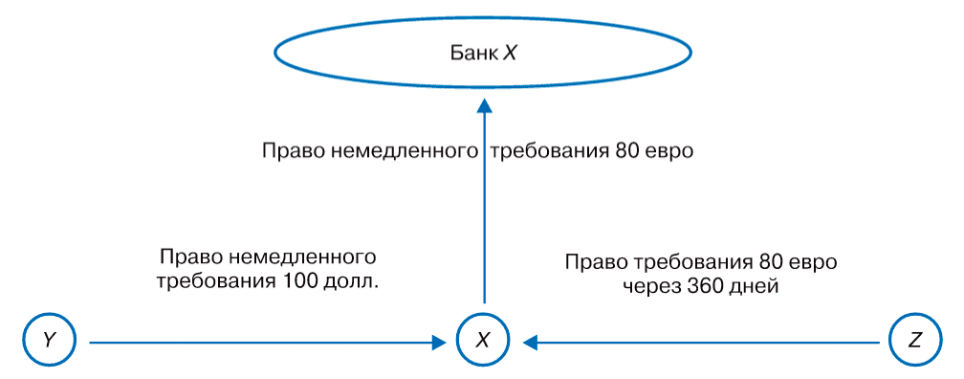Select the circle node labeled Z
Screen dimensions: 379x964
click(913, 340)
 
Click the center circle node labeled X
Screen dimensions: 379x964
click(483, 340)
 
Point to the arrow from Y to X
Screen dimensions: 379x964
click(258, 340)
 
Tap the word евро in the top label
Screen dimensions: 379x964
click(666, 151)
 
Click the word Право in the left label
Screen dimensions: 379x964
click(188, 258)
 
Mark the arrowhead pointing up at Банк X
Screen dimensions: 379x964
click(484, 100)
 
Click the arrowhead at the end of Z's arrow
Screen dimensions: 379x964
click(529, 340)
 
